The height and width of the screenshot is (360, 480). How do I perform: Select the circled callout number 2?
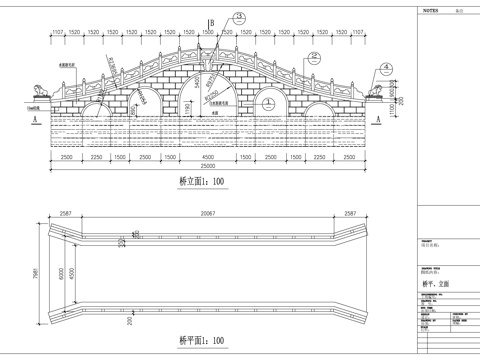coord(314,57)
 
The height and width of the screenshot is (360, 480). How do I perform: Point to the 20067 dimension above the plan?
coord(208,213)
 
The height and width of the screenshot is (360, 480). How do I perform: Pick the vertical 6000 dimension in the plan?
coord(59,273)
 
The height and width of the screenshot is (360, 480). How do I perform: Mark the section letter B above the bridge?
coord(211,22)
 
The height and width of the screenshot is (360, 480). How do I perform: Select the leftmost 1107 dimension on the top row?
coord(58,33)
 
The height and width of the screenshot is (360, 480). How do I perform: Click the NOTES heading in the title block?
coord(431,7)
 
